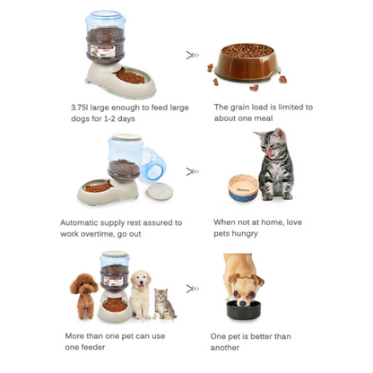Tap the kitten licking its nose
point(274,164)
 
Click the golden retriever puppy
point(141,294)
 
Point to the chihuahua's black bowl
point(243,309)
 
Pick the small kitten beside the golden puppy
point(164,304)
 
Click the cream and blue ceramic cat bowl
point(243,189)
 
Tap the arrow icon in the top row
point(193,56)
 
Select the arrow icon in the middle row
point(193,171)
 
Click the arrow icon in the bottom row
point(193,289)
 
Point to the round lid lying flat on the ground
point(159,192)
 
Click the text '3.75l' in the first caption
point(80,108)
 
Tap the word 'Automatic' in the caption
point(79,222)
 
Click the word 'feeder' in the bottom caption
point(93,347)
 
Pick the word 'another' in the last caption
point(225,348)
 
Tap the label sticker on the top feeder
point(102,51)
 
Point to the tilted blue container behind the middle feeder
point(152,164)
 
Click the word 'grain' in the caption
point(239,107)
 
